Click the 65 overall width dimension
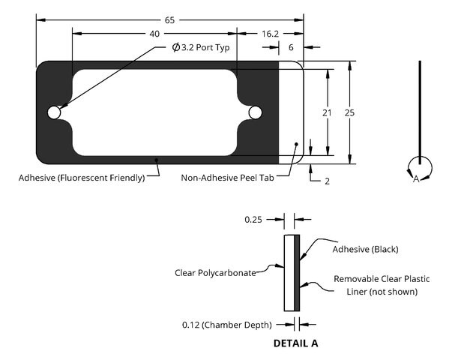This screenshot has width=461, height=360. click(x=169, y=20)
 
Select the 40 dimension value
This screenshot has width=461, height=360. click(x=154, y=34)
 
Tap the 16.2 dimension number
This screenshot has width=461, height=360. click(x=270, y=34)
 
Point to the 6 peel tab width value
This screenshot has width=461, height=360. click(x=291, y=47)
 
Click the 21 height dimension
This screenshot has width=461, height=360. click(x=327, y=112)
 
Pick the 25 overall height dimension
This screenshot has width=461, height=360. click(x=349, y=112)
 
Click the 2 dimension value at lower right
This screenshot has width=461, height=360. click(x=328, y=181)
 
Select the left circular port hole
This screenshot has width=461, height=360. click(x=54, y=112)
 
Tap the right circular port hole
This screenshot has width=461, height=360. click(x=255, y=112)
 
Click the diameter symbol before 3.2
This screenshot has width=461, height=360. click(x=176, y=47)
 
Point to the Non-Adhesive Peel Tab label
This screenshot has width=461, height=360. click(x=228, y=178)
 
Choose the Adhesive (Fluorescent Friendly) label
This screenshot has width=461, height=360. click(x=82, y=178)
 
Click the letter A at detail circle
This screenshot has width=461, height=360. click(x=416, y=178)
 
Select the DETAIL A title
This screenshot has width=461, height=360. click(x=296, y=343)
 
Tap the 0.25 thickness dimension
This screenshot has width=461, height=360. click(x=253, y=220)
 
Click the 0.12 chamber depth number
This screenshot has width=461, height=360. click(x=191, y=325)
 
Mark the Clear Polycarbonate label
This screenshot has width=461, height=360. click(x=215, y=273)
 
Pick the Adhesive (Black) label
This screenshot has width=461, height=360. click(x=366, y=250)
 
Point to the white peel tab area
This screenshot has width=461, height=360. click(x=291, y=112)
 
